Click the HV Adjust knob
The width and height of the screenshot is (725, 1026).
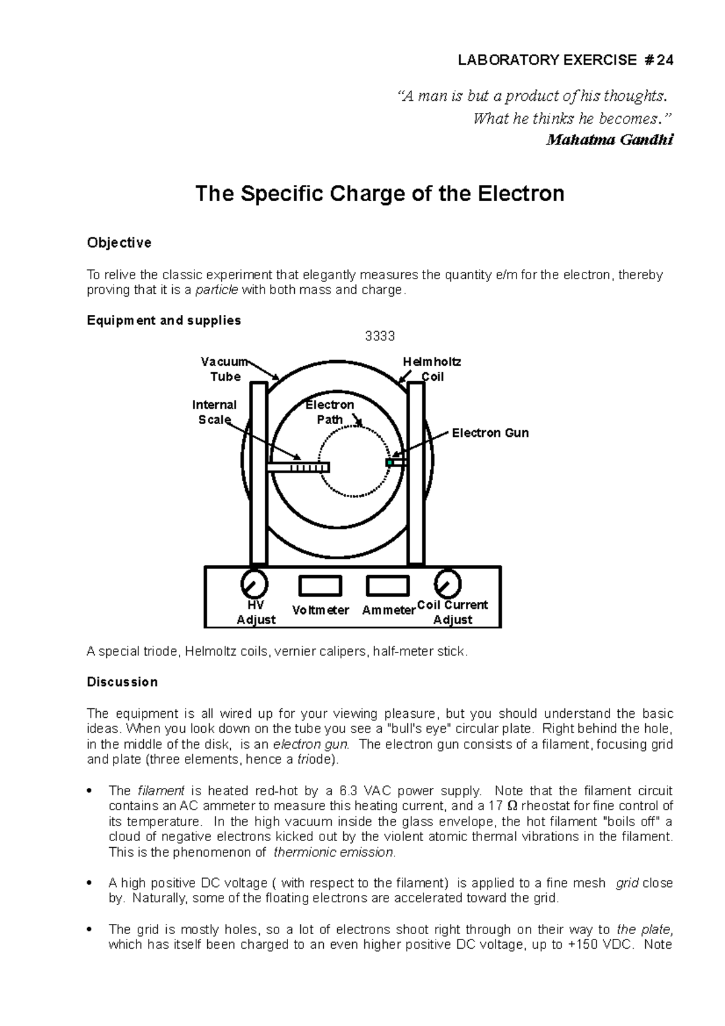254,583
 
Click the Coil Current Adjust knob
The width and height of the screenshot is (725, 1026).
448,584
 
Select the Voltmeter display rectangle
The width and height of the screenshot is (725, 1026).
320,586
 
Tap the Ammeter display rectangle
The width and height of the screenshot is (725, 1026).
387,586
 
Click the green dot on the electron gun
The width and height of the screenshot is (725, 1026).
390,463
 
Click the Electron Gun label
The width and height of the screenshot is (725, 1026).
490,433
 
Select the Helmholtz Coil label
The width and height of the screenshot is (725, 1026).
431,369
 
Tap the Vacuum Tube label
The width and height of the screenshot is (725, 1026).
224,369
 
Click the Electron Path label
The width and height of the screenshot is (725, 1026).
330,412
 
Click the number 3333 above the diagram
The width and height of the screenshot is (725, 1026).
380,337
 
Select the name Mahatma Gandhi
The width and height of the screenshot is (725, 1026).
609,140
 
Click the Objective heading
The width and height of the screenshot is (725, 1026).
119,243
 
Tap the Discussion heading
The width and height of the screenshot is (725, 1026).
122,682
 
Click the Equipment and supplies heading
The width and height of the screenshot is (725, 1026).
164,320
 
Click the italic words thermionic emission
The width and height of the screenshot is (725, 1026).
334,853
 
